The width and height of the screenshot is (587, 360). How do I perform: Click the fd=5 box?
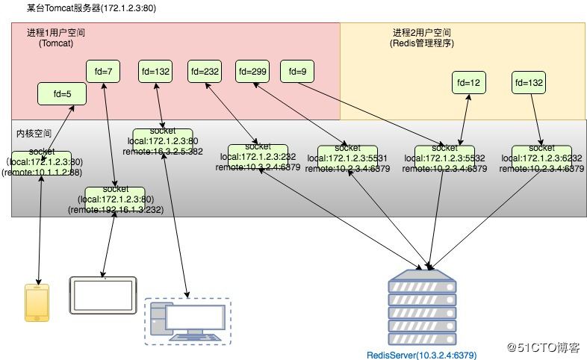tap(62, 94)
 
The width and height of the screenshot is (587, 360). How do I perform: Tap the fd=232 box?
tap(205, 72)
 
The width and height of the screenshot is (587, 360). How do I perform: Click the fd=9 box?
tap(296, 72)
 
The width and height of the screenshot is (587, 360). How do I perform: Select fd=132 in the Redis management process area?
tap(528, 82)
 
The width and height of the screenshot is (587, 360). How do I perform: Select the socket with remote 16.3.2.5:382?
tap(163, 140)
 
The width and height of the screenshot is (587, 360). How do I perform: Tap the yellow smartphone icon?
tap(37, 302)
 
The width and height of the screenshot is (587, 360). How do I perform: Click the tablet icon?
tap(103, 295)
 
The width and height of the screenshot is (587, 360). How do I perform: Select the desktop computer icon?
tap(187, 321)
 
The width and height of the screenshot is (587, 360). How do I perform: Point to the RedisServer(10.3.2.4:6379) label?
tap(421, 355)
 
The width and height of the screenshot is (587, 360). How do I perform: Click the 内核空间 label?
tap(34, 133)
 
